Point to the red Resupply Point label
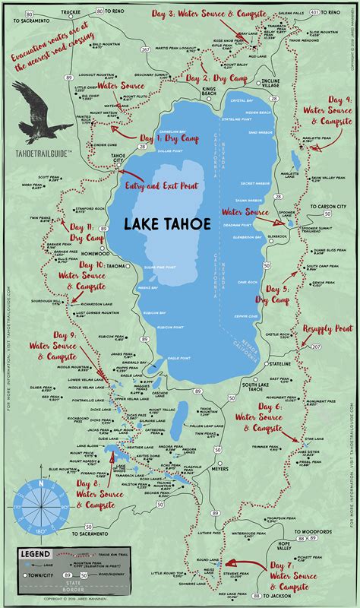327,328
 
